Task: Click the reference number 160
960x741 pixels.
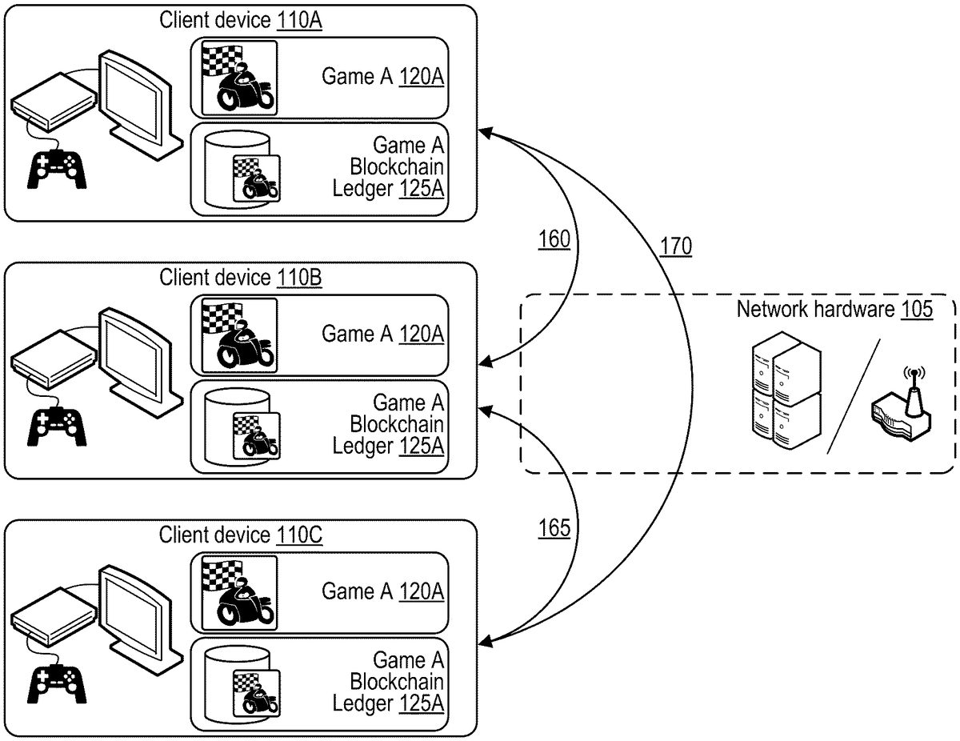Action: pyautogui.click(x=554, y=239)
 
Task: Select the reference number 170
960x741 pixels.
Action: pyautogui.click(x=676, y=247)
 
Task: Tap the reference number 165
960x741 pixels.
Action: pyautogui.click(x=554, y=529)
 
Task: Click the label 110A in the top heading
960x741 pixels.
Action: pyautogui.click(x=299, y=21)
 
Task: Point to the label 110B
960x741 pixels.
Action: pyautogui.click(x=299, y=278)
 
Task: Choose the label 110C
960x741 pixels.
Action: pyautogui.click(x=299, y=535)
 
